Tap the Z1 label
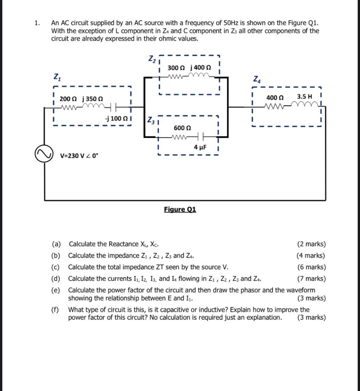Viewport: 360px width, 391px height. [57, 78]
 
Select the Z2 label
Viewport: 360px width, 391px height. [152, 59]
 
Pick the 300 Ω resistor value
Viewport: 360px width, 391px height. [176, 68]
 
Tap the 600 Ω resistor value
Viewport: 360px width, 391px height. [182, 128]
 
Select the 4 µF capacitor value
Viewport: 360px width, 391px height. [200, 147]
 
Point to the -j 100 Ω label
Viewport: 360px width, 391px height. [116, 118]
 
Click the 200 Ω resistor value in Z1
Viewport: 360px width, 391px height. [68, 99]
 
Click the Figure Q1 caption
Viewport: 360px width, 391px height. [180, 209]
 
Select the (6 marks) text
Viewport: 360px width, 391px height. [311, 267]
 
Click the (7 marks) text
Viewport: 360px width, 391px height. [311, 279]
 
